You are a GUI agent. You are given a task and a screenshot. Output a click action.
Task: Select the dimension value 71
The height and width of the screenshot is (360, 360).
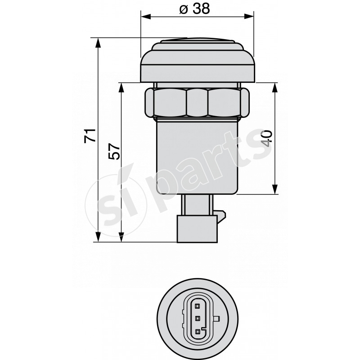(x=91, y=135)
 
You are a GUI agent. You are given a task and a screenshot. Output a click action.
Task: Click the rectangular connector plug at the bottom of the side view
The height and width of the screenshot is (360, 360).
(x=198, y=228)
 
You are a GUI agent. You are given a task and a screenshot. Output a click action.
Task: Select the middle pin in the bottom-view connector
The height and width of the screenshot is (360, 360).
(x=197, y=319)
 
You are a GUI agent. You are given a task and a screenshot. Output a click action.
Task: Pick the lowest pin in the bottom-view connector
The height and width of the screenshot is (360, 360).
(x=197, y=332)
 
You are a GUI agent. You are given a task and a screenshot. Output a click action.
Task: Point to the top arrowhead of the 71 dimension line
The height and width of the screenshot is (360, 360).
(x=98, y=41)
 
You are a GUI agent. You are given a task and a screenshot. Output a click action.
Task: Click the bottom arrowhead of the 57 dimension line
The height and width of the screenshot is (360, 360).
(x=121, y=237)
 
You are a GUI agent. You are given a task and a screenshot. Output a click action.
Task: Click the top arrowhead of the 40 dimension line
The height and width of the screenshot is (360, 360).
(x=275, y=87)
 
